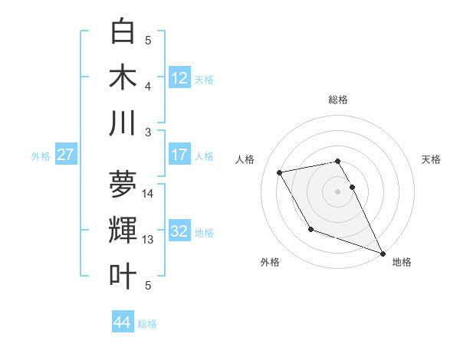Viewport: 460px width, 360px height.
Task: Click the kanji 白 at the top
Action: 123,31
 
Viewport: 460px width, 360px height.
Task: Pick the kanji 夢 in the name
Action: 123,184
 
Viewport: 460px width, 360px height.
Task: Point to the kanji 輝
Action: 123,230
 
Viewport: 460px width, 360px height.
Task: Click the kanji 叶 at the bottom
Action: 123,276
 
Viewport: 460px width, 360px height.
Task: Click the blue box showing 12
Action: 179,77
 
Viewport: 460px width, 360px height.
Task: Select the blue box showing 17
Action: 179,155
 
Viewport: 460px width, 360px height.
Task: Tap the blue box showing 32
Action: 179,231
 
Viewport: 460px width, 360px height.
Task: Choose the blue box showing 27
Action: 65,155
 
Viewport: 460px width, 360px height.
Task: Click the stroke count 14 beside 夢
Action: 149,194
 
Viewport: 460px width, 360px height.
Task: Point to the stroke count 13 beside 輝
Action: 149,240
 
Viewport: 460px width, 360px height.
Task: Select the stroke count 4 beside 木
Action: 148,87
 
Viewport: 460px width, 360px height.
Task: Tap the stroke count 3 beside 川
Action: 148,133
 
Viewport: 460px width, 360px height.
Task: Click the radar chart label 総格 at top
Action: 337,100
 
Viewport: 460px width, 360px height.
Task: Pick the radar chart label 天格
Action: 431,159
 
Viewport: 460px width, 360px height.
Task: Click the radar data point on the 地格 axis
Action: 383,253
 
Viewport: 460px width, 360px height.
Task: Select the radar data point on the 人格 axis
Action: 280,172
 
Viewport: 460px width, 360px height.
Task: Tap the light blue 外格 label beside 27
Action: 41,155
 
